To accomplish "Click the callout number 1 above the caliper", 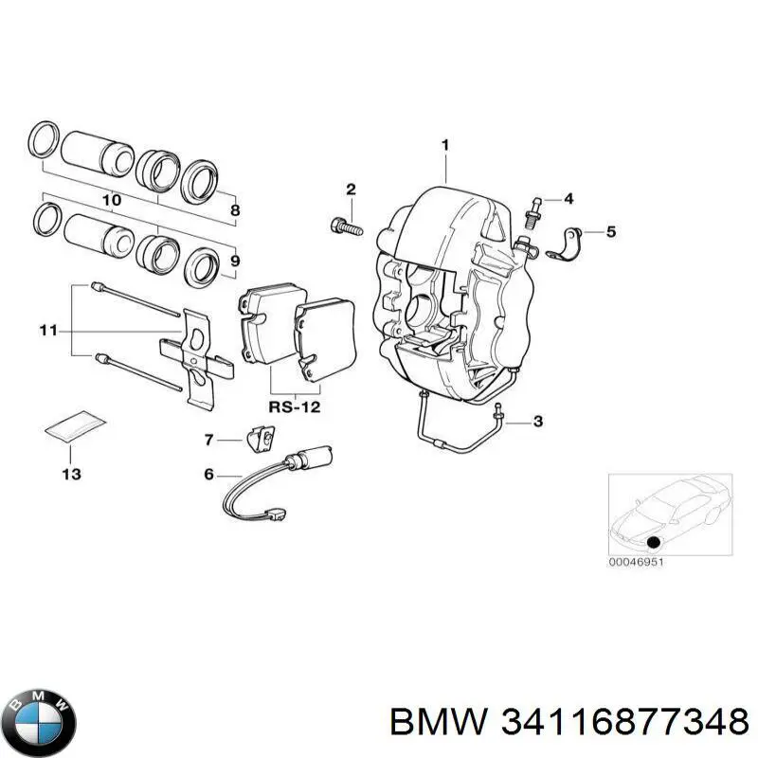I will tap(443, 145).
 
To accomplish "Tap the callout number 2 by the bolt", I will tap(350, 189).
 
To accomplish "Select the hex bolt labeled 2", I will tap(345, 226).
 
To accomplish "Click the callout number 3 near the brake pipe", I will tap(538, 421).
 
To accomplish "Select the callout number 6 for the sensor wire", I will tap(209, 476).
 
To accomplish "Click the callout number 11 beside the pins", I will tap(48, 331).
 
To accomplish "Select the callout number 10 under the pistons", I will tap(111, 201).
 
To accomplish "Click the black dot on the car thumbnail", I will tap(653, 542).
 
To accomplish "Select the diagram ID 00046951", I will tap(636, 563).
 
